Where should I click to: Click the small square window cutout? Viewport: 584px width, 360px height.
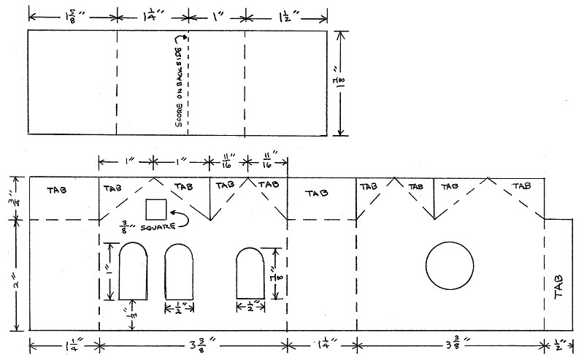click(155, 209)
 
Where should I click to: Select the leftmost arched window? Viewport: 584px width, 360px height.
click(133, 272)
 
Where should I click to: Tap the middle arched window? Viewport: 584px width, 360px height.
click(180, 272)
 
